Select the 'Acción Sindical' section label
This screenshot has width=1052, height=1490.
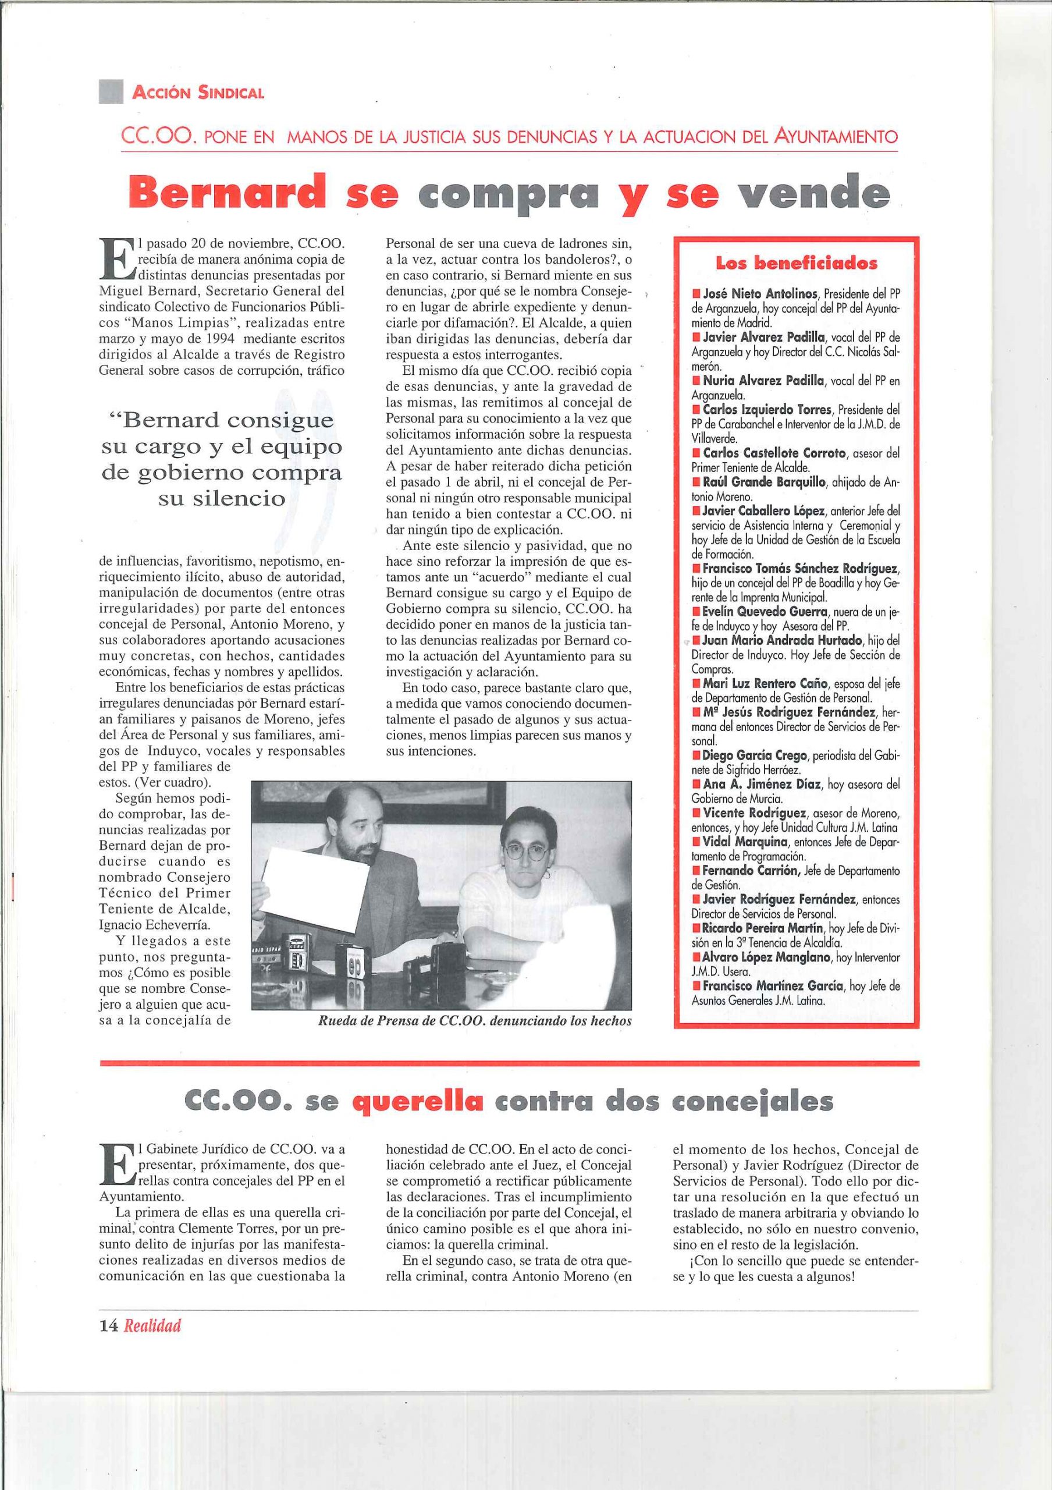(198, 92)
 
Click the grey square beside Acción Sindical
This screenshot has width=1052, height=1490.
(111, 91)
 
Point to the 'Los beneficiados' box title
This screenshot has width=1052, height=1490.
(796, 264)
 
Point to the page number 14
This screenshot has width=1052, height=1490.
(108, 1326)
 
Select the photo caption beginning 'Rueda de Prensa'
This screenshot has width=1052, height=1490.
(474, 1020)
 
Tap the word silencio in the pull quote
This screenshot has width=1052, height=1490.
(222, 498)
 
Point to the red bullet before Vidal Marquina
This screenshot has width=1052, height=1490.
(696, 842)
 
